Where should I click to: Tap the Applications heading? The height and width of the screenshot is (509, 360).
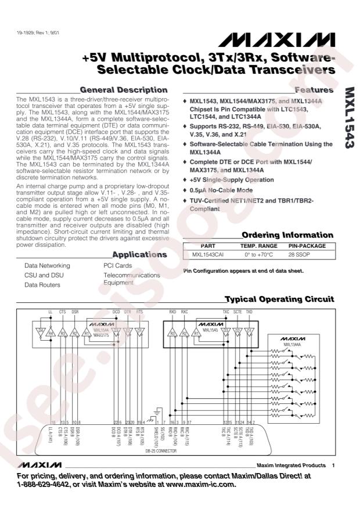pos(139,254)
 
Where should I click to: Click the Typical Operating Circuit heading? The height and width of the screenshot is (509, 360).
pos(279,299)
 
